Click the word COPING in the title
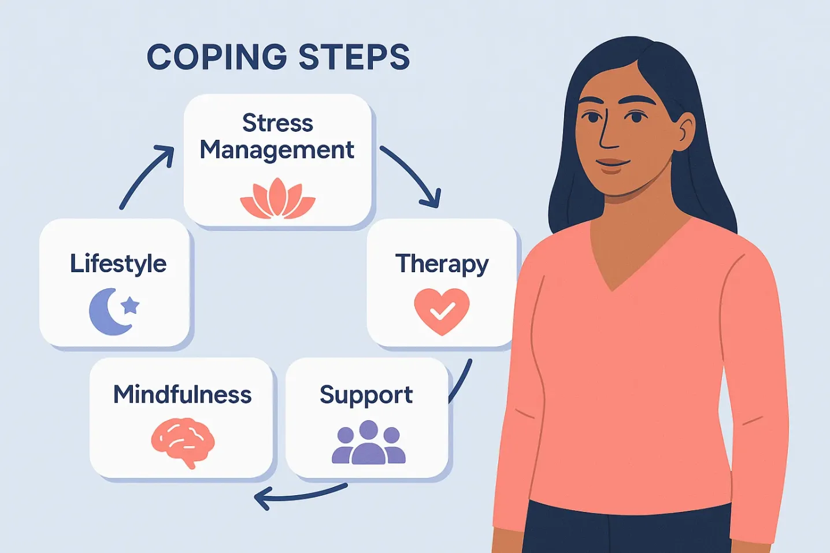point(217,57)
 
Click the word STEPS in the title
point(354,57)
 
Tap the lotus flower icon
point(278,199)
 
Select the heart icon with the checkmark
point(442,311)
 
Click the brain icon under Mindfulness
point(183,442)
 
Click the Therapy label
point(442,264)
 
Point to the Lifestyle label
point(118,263)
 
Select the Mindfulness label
point(182,395)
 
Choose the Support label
point(366,395)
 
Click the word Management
point(276,150)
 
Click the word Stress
point(277,123)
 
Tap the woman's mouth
point(612,165)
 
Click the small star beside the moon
point(131,305)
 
